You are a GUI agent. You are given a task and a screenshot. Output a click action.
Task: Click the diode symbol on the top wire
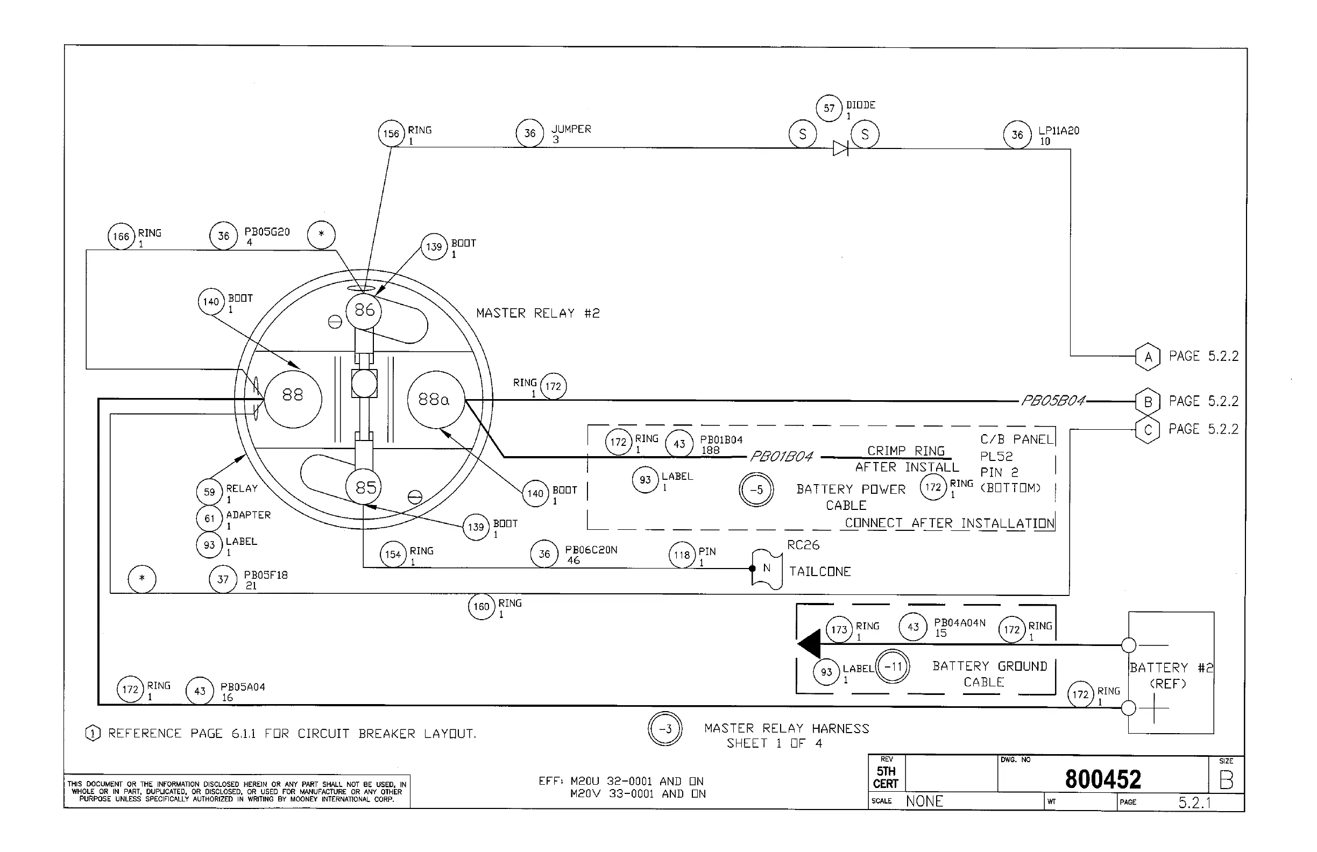[x=840, y=148]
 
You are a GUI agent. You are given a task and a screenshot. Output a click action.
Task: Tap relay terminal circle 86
[x=364, y=310]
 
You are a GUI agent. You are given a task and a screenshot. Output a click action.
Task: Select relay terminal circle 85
[x=365, y=487]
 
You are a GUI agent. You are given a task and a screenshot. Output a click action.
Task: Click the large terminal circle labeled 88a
[x=435, y=400]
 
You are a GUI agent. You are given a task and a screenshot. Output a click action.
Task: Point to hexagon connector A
[x=1148, y=357]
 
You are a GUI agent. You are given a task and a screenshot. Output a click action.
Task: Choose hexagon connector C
[x=1148, y=430]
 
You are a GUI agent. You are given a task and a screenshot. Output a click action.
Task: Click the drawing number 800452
[x=1103, y=779]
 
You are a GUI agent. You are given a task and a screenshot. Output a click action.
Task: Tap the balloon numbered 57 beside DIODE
[x=829, y=108]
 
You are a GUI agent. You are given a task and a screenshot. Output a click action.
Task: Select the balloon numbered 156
[x=391, y=134]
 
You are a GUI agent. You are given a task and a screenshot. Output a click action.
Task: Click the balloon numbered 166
[x=121, y=237]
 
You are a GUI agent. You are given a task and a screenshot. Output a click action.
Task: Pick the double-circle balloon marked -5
[x=756, y=489]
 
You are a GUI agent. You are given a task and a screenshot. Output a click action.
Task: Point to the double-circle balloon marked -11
[x=893, y=666]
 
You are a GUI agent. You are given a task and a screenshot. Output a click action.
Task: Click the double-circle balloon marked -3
[x=665, y=729]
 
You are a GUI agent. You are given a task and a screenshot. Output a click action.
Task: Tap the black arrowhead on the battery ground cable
[x=809, y=644]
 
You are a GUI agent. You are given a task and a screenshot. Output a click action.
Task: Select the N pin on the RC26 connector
[x=767, y=568]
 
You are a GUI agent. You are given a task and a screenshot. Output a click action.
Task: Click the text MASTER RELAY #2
[x=537, y=314]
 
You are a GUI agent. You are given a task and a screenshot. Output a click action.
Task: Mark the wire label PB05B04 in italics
[x=1052, y=401]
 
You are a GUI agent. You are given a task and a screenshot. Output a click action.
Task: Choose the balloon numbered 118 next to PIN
[x=682, y=555]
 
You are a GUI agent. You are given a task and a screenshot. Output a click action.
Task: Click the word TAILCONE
[x=819, y=572]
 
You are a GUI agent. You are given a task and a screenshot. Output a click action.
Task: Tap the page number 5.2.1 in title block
[x=1194, y=802]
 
